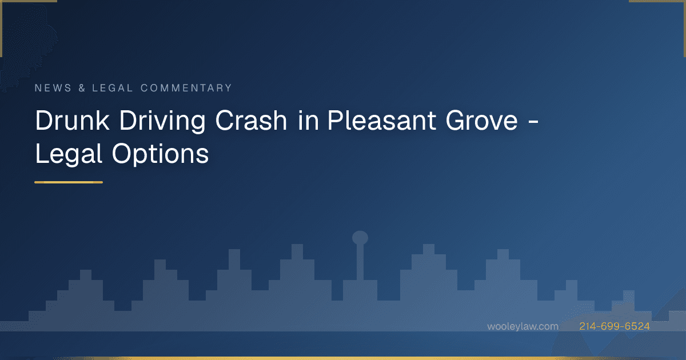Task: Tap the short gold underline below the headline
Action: click(x=69, y=182)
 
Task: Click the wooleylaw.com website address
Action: click(x=523, y=326)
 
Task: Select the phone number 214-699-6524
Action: click(x=614, y=326)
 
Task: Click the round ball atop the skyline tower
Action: click(x=360, y=238)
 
